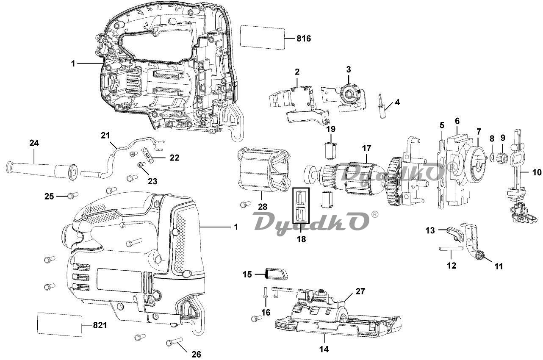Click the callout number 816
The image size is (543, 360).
click(304, 39)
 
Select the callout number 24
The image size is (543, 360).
click(34, 143)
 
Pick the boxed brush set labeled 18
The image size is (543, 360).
click(301, 206)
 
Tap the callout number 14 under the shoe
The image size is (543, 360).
click(324, 349)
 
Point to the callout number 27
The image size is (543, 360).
click(360, 291)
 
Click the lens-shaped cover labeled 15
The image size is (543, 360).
click(276, 274)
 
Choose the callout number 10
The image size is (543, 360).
click(537, 172)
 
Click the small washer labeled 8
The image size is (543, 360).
click(491, 158)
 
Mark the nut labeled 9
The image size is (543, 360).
click(503, 158)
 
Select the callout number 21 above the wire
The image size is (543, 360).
click(105, 135)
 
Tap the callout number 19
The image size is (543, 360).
click(330, 128)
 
